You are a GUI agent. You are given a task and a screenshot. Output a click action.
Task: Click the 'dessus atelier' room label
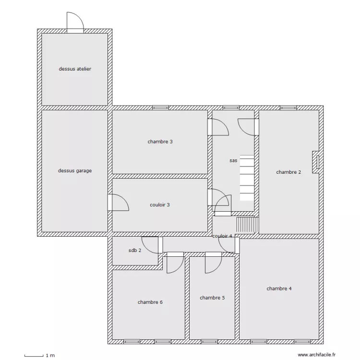pos(75,69)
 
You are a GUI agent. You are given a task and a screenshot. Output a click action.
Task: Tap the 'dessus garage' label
pos(75,170)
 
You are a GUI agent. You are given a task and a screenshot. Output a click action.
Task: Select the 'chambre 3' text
pos(160,142)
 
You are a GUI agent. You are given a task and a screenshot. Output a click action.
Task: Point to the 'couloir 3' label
pos(159,205)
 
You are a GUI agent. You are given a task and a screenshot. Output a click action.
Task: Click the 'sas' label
pos(233,160)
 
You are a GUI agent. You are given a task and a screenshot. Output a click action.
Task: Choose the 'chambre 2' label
pos(288,172)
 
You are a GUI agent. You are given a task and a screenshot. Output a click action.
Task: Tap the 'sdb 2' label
pos(135,250)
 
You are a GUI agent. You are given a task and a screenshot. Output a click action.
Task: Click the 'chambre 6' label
pos(150,302)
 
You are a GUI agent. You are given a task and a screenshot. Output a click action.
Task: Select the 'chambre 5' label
pos(212,298)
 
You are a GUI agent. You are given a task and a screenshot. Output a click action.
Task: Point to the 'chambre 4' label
pos(279,288)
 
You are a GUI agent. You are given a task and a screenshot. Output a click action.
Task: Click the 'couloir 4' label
pos(222,236)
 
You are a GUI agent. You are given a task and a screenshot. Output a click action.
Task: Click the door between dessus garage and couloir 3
pos(118,203)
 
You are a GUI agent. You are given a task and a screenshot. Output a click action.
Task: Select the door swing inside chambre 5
pos(213,263)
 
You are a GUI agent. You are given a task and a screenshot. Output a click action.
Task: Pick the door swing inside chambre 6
pos(175,263)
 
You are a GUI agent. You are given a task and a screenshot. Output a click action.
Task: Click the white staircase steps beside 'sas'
pos(247,178)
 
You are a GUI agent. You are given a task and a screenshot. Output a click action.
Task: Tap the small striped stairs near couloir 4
pos(248,225)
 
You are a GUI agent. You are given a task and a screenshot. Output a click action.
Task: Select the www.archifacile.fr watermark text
pos(317,355)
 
